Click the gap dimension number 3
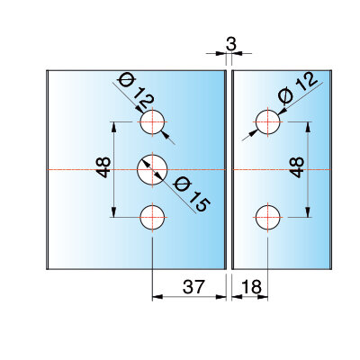click(231, 44)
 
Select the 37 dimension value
click(193, 287)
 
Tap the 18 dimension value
click(251, 287)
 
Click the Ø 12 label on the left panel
click(136, 93)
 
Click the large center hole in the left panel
click(152, 170)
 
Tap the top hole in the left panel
click(152, 122)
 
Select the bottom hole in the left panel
click(152, 217)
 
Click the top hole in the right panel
click(267, 122)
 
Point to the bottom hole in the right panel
click(267, 217)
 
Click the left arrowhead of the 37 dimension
click(157, 297)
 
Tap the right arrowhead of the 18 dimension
click(263, 297)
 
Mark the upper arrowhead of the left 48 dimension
click(113, 127)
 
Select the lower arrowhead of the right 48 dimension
click(308, 212)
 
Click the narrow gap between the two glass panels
click(229, 170)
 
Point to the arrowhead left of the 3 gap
click(221, 53)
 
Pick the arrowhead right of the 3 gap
click(237, 53)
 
